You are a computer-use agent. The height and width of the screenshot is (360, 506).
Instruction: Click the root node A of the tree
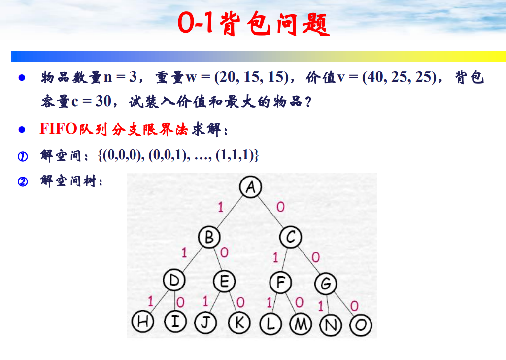click(250, 187)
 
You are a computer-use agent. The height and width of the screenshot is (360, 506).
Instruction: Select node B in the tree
click(209, 238)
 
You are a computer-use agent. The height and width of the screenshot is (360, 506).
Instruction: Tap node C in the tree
click(291, 238)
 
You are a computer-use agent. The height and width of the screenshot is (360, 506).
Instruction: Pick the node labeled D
click(174, 281)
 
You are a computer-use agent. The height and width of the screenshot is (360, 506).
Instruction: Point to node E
click(224, 282)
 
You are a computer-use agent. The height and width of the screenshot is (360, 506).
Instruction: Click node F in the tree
click(281, 283)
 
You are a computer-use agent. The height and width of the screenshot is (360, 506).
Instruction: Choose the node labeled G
click(326, 284)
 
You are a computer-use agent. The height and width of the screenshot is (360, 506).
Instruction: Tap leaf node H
click(143, 323)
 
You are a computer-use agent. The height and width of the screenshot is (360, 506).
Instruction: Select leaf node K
click(240, 323)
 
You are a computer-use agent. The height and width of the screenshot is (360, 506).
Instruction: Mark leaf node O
click(361, 325)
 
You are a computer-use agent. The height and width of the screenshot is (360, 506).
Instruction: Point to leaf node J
click(206, 323)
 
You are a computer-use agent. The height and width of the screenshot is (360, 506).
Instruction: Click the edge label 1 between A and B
click(220, 208)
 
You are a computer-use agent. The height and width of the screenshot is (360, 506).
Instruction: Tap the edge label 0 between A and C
click(280, 207)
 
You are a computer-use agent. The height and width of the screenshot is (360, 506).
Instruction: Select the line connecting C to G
click(308, 261)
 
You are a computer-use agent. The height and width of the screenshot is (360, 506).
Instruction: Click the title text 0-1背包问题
click(253, 23)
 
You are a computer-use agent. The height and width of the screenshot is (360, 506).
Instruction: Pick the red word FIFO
click(58, 129)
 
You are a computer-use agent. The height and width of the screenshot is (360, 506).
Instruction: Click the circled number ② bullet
click(22, 182)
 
